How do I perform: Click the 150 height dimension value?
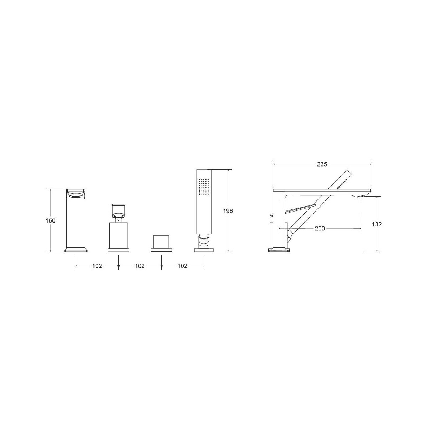click(x=50, y=221)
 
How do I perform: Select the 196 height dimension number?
click(x=228, y=211)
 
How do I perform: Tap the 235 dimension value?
click(x=322, y=164)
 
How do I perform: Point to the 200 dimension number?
click(x=320, y=228)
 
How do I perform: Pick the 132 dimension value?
click(x=377, y=224)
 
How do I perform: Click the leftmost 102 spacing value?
click(x=97, y=266)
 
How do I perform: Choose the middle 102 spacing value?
click(x=140, y=266)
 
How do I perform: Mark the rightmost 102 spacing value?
click(x=182, y=266)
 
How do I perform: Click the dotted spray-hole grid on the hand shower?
click(x=204, y=187)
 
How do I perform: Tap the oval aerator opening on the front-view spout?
click(x=76, y=196)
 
